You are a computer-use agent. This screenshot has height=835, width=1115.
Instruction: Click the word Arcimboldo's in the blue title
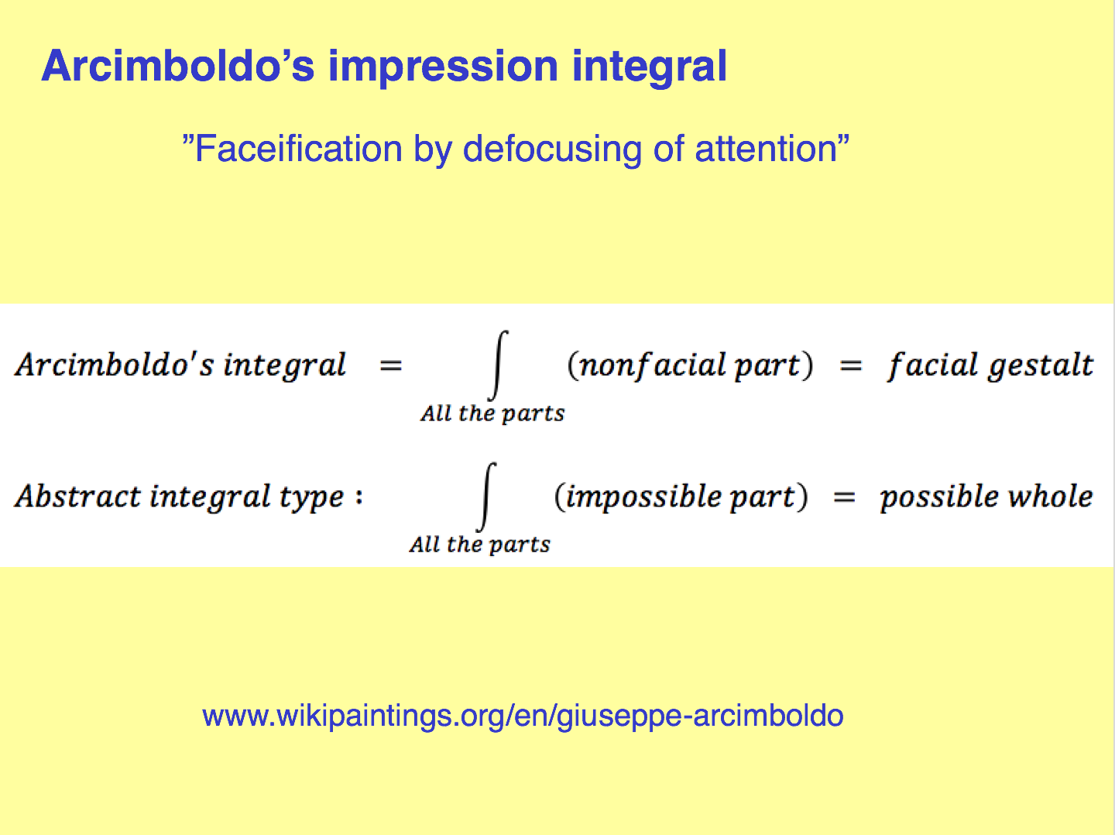pos(178,66)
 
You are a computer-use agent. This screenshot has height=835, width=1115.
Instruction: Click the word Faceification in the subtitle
pos(299,149)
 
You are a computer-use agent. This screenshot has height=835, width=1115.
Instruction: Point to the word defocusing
pos(551,151)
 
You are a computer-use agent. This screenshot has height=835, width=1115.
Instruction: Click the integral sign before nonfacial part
pos(498,366)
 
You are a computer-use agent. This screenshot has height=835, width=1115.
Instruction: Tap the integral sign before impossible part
pos(486,497)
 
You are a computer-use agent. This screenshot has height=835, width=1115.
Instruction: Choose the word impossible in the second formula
pos(643,497)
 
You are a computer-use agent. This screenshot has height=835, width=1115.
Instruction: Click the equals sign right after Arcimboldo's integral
pos(391,366)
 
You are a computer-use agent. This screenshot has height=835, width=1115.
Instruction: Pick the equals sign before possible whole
pos(844,497)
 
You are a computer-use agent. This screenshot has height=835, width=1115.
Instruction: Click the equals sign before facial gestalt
pos(851,366)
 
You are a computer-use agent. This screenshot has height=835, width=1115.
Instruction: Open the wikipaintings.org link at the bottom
pos(523,716)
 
